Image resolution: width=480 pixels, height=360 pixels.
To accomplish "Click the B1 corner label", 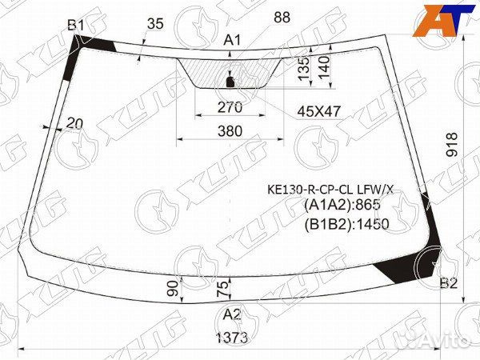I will tap(76, 26).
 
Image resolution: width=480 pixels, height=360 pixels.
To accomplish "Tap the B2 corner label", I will tap(449, 282).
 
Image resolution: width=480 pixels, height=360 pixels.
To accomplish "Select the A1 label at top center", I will tap(232, 40).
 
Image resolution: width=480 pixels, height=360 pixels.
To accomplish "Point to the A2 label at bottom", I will tap(232, 314).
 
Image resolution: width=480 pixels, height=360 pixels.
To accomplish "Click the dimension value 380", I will tap(230, 130).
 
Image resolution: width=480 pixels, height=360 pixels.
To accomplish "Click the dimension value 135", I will tap(303, 68).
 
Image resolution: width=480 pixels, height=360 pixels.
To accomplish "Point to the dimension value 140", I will tap(324, 67).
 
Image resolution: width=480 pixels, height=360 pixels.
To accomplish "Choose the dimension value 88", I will tap(281, 17).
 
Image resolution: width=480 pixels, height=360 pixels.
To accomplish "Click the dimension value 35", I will tap(155, 24).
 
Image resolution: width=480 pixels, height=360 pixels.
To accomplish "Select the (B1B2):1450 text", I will tap(346, 224).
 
